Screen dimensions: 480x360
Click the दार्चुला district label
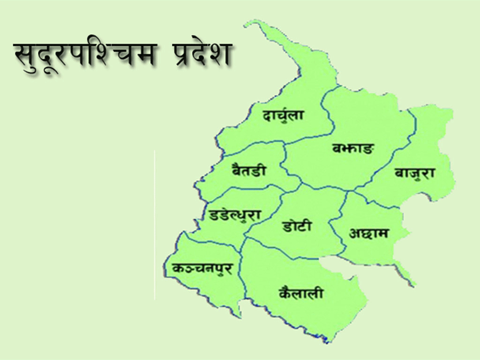283,115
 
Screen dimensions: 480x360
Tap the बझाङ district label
354,150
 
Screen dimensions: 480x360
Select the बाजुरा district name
415,173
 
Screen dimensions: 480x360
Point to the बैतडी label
249,170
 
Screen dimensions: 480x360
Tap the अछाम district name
369,233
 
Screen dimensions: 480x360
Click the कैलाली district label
301,293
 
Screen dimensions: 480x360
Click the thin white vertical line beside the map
154,225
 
